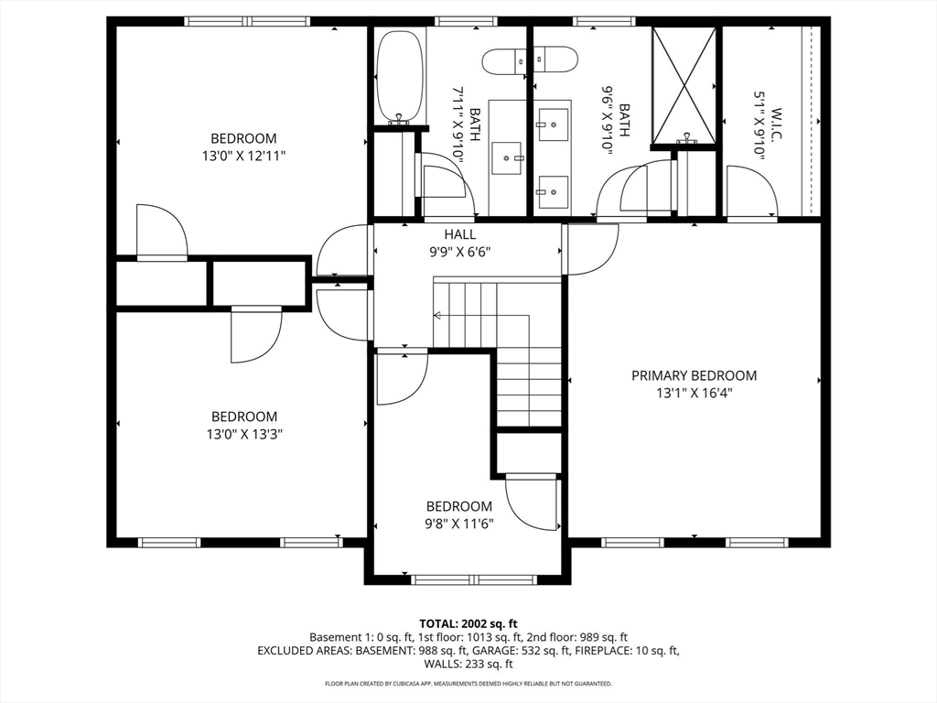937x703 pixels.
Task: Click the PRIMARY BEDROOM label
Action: [x=694, y=375]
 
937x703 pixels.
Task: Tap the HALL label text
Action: [x=460, y=234]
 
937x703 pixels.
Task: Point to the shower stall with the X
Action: [x=684, y=85]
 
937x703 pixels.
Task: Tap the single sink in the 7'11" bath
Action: [x=507, y=158]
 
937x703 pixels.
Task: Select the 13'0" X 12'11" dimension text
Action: [x=243, y=157]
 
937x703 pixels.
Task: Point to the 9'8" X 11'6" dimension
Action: [x=459, y=525]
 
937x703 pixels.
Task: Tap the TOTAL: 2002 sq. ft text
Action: [x=468, y=624]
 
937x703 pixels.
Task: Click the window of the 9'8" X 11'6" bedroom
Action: [x=474, y=579]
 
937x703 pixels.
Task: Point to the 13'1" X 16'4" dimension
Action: [x=695, y=394]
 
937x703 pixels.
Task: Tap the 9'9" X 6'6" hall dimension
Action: [x=460, y=253]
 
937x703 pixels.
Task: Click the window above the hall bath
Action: [x=466, y=22]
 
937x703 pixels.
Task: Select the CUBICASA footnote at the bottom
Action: [x=468, y=683]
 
